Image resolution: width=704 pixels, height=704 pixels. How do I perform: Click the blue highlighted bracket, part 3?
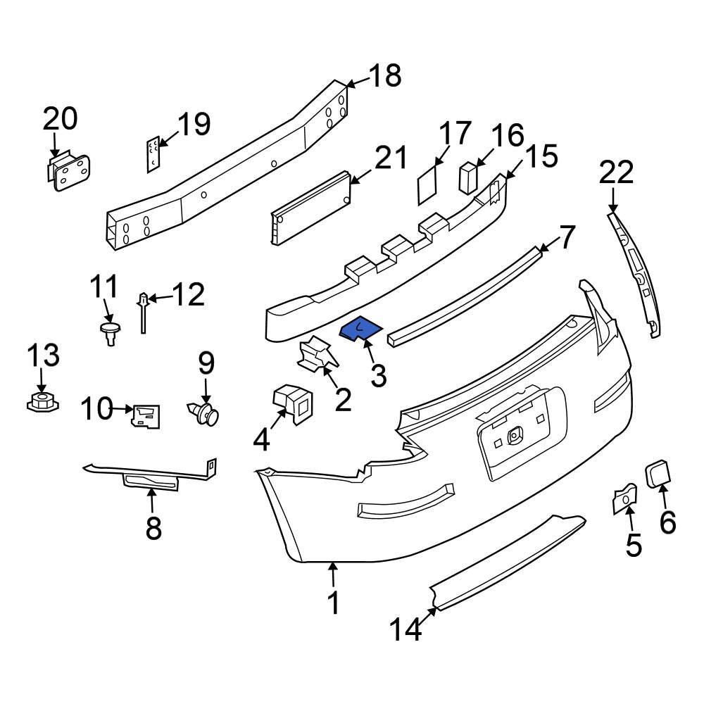(x=360, y=329)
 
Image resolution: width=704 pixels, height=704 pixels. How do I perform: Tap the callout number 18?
(x=384, y=75)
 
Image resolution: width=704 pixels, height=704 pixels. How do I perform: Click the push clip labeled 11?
(x=108, y=332)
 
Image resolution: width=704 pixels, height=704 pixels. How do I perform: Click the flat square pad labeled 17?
(x=427, y=185)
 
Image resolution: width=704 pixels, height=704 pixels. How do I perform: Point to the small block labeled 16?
(x=468, y=177)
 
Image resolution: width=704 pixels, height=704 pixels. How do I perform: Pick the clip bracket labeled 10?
(x=146, y=416)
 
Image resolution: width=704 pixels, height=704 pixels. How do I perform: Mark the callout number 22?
(x=617, y=173)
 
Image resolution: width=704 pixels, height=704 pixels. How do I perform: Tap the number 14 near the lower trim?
(x=407, y=629)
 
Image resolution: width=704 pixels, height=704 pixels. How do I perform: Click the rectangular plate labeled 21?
(x=310, y=207)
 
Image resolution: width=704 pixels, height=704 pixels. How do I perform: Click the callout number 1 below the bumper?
(x=333, y=603)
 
